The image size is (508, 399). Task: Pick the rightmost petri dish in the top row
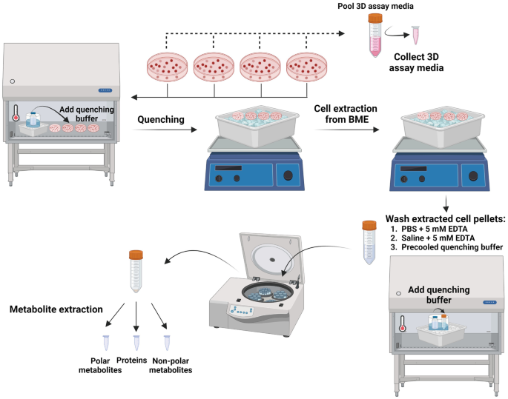tap(307, 68)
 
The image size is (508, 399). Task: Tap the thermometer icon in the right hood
tap(402, 323)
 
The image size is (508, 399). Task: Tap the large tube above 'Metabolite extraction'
tap(135, 271)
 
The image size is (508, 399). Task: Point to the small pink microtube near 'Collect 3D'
tap(415, 34)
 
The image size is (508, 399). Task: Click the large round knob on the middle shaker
tap(285, 177)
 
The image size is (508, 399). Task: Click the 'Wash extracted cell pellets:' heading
tap(443, 218)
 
